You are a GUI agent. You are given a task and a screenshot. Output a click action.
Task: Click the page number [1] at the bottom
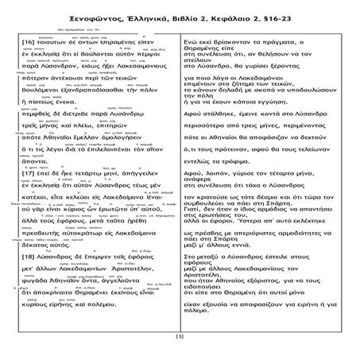point(180,337)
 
